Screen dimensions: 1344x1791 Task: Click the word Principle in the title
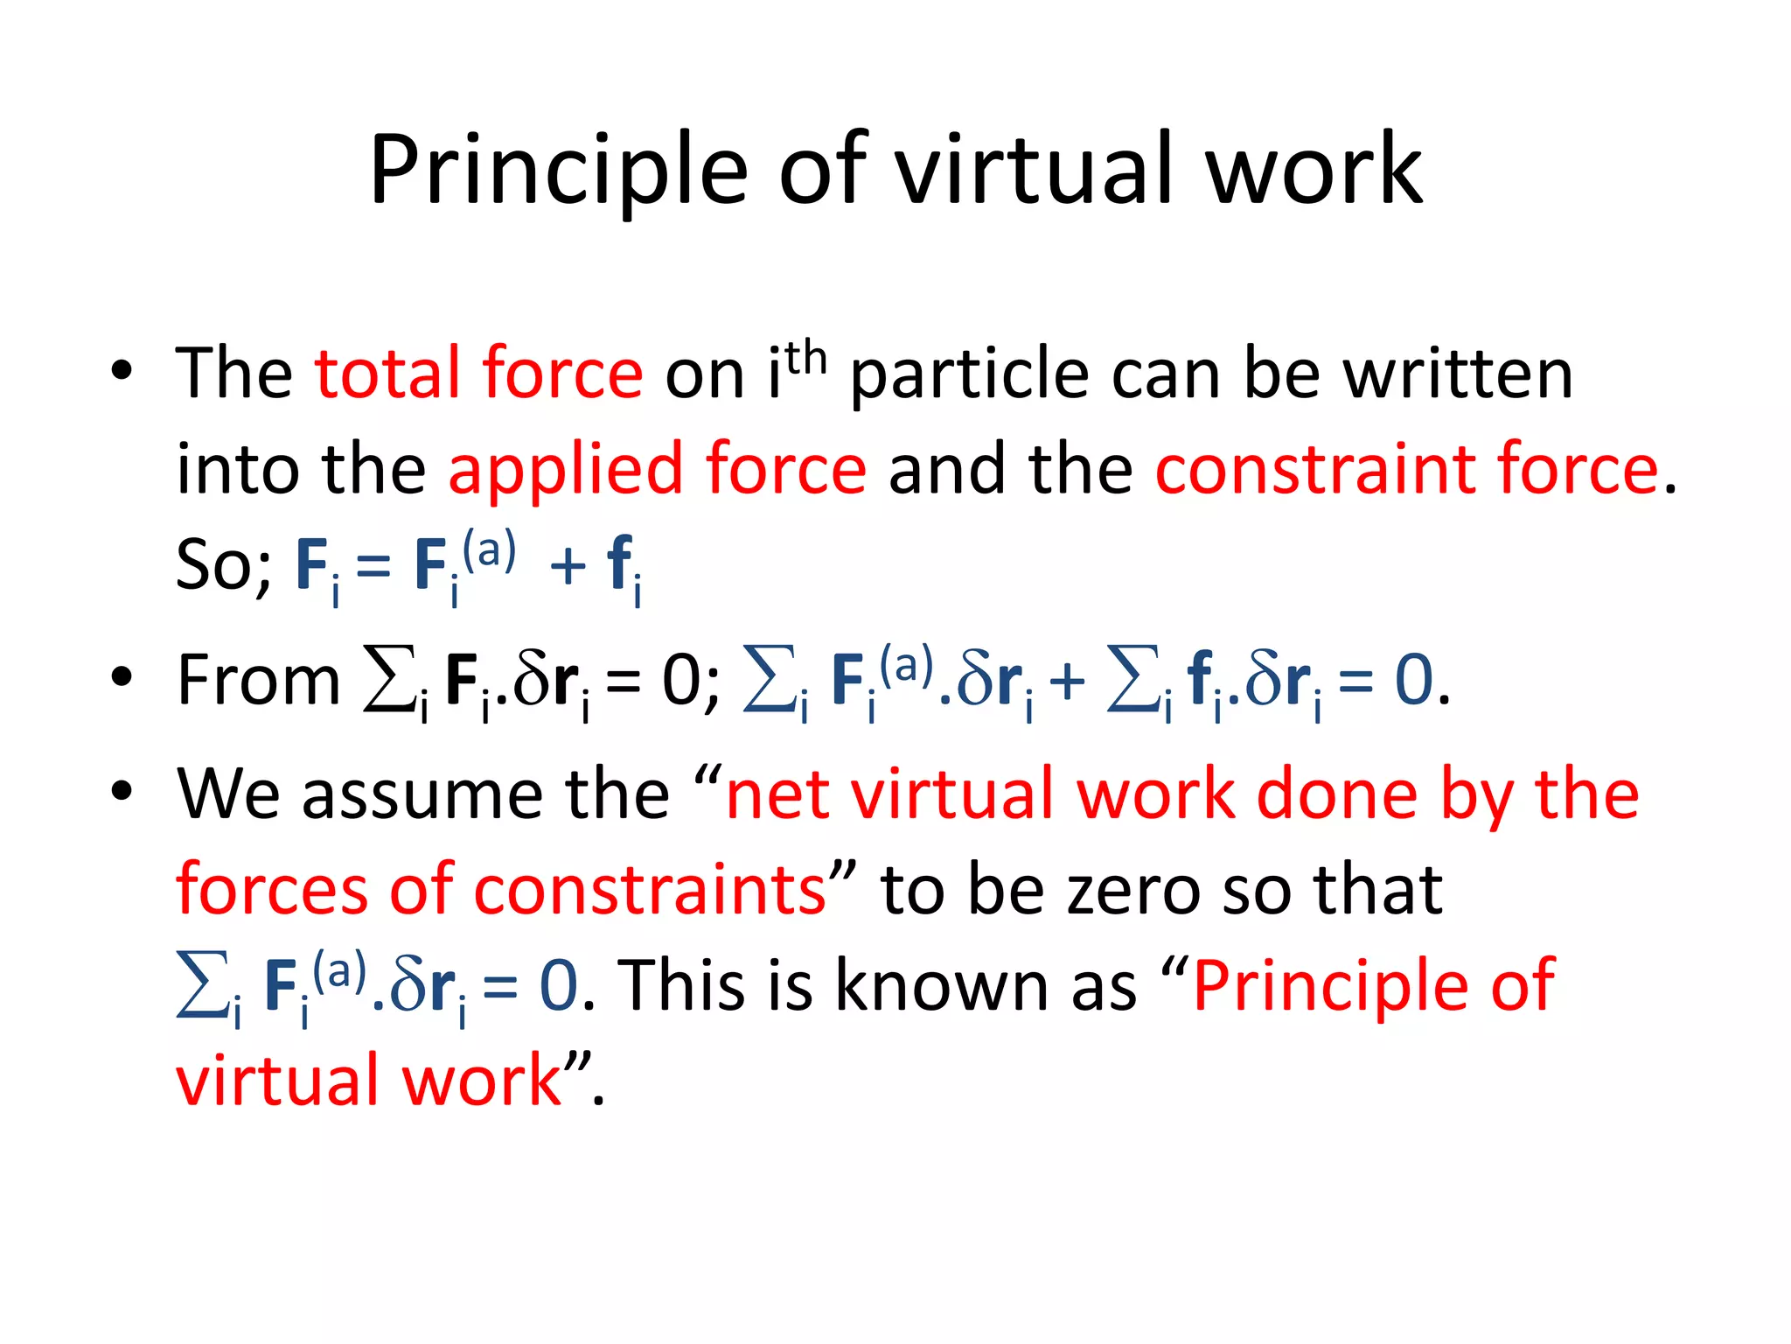(x=558, y=171)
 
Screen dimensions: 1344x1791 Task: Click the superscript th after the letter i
(x=805, y=358)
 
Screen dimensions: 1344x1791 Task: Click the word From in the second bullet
(x=259, y=680)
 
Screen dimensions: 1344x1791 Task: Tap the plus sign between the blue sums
(x=1067, y=682)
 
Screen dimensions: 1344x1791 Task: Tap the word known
(x=941, y=986)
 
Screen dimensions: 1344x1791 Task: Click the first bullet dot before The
(x=122, y=369)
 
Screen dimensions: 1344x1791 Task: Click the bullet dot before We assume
(x=122, y=790)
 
